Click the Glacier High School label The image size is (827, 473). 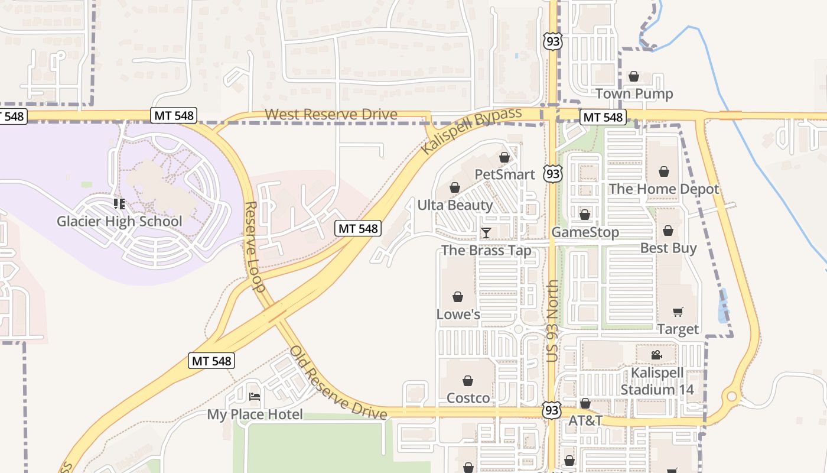[119, 222]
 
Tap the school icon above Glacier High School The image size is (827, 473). [119, 204]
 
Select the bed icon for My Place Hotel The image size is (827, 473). [255, 396]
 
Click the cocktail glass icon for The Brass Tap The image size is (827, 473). [486, 233]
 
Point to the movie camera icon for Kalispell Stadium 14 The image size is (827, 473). [656, 355]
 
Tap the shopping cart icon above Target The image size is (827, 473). [678, 312]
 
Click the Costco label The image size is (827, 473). [468, 398]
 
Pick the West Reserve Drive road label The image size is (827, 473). [331, 114]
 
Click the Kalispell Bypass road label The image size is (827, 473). [472, 131]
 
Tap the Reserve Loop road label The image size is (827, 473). [254, 247]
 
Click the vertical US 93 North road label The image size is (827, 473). [552, 320]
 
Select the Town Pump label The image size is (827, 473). [634, 93]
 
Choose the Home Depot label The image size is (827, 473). [663, 189]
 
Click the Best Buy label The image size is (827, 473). [668, 248]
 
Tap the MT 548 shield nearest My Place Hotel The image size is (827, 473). [211, 361]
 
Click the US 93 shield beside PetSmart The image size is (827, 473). [553, 173]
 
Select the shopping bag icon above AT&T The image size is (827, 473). [585, 403]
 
